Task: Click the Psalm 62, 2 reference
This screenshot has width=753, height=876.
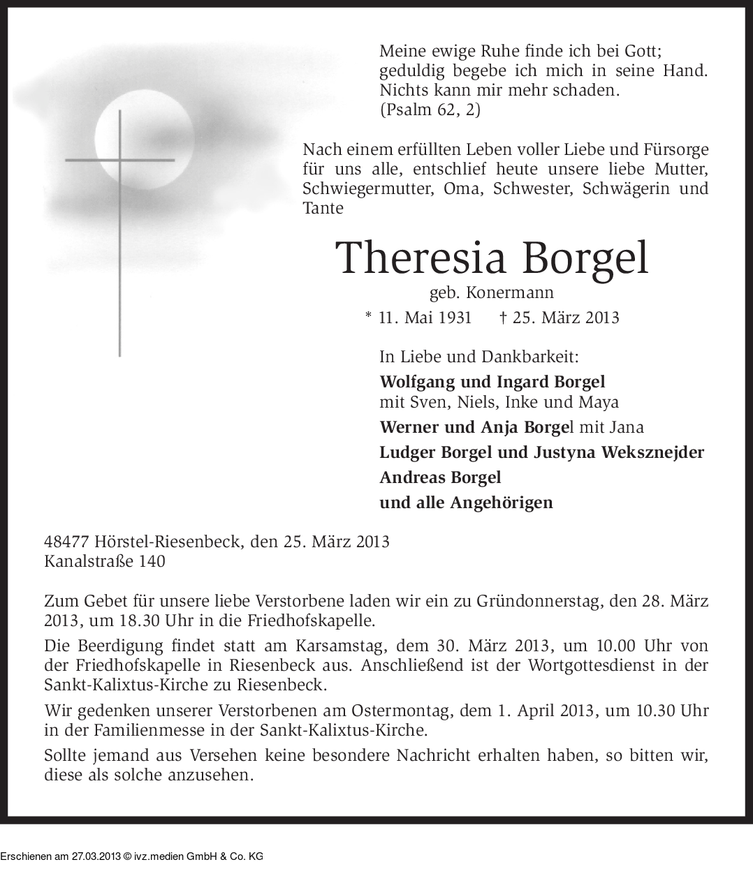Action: click(x=430, y=110)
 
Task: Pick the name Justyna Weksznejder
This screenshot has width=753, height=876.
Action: click(x=619, y=452)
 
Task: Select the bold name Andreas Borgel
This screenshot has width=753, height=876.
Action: click(x=440, y=477)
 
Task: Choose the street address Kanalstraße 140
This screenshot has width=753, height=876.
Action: click(x=105, y=561)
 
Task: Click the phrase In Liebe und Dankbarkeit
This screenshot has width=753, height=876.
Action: click(x=478, y=357)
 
